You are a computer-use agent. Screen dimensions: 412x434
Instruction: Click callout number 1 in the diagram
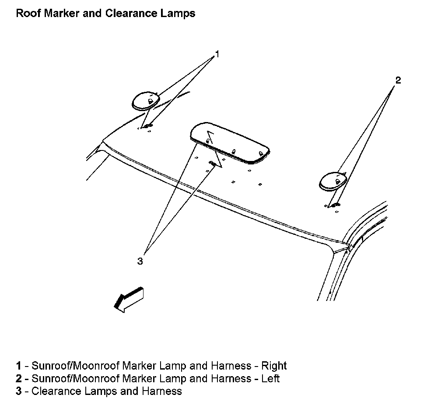coord(217,55)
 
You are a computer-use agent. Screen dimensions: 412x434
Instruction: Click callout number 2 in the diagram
coord(398,80)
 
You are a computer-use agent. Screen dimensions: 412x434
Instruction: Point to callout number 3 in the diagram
coord(140,261)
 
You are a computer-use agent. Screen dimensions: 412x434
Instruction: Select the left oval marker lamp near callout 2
coord(334,181)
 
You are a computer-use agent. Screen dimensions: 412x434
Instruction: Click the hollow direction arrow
coord(128,300)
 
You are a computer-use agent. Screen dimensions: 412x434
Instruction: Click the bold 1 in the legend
coord(18,366)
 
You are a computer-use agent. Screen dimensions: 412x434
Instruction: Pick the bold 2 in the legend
coord(18,378)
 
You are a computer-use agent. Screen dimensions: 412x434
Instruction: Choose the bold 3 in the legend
coord(18,391)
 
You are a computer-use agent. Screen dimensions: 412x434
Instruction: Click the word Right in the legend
coord(274,366)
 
